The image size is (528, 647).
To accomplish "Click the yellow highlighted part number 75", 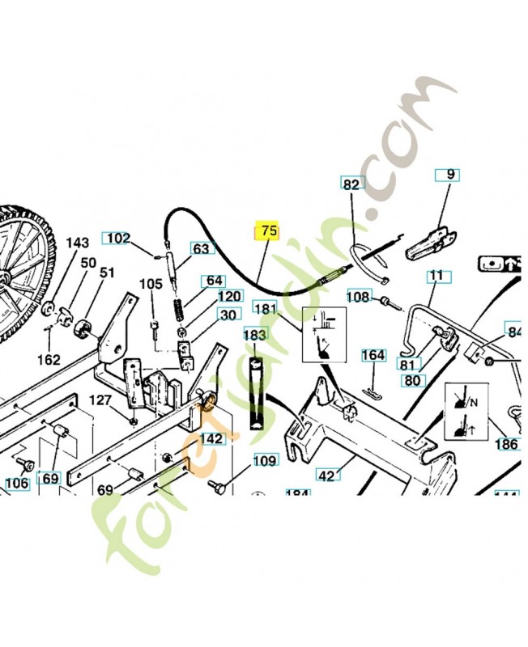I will coord(268,231).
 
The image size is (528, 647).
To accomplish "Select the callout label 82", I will coord(351,184).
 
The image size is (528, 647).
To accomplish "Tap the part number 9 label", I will coord(450,174).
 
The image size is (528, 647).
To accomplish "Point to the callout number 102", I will coord(118,239).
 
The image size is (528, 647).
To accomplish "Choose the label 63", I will coord(201,248).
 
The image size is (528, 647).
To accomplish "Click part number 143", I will coord(77,243).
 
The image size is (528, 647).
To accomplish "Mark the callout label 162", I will coord(49,358).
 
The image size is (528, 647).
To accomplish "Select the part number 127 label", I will coord(100,400).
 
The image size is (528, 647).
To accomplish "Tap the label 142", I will coord(211,438).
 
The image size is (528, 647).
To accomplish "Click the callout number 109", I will coord(265,461).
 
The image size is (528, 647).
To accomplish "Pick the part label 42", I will coord(326,476).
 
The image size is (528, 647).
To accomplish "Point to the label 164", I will coord(373,355).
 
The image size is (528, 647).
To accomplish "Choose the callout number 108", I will coord(358,298).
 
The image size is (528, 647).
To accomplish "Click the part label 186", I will coord(507,444).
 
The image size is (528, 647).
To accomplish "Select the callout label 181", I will coord(265,309).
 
